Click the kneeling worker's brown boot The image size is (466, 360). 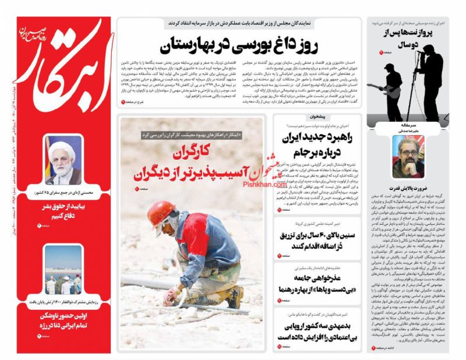click(x=234, y=297)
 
